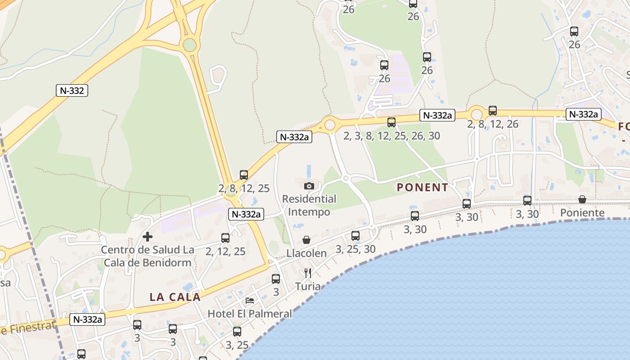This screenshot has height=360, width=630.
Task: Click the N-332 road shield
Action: [x=72, y=90]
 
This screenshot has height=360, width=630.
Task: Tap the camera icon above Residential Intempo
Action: [x=309, y=186]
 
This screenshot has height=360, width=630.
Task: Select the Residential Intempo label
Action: [x=309, y=205]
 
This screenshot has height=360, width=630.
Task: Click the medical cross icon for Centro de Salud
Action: [x=148, y=237]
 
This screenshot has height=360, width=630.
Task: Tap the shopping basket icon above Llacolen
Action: [x=306, y=240]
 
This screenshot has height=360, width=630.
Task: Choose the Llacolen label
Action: [x=306, y=253]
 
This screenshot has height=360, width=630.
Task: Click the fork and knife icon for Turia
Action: [x=308, y=273]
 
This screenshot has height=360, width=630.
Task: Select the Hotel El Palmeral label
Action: [x=250, y=313]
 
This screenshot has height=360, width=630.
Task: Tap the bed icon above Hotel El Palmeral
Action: [x=250, y=300]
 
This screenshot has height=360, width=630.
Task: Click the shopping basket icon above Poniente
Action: [x=582, y=199]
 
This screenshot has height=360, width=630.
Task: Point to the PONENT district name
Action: [x=422, y=188]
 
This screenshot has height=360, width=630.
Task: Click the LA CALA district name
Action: [x=175, y=297]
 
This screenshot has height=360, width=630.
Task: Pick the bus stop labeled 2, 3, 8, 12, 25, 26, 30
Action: [x=391, y=122]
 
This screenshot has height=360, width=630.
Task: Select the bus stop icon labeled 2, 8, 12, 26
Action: [x=493, y=111]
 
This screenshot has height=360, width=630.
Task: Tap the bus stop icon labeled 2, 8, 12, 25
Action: [x=244, y=175]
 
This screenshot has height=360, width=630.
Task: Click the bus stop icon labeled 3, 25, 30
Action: [x=355, y=235]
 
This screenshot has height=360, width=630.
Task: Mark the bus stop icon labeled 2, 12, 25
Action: [x=225, y=238]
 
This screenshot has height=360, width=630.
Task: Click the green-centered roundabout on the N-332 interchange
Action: [x=190, y=45]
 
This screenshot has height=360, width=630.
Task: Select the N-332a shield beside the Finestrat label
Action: [x=87, y=319]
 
